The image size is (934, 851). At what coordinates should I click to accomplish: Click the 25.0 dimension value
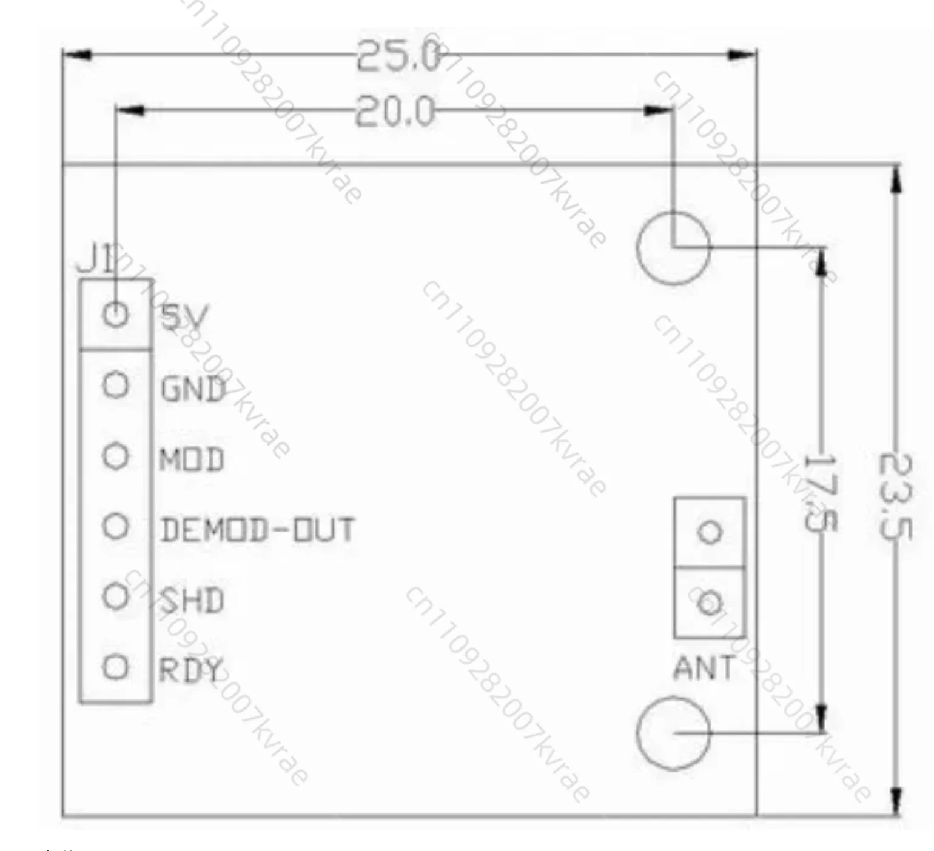(398, 56)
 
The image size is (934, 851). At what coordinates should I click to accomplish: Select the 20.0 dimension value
(395, 112)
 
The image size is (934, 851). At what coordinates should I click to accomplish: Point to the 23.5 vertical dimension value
(895, 496)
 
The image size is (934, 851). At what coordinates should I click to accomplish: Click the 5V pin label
(184, 316)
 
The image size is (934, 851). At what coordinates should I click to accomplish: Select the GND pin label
(193, 389)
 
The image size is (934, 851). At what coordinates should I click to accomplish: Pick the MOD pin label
(192, 459)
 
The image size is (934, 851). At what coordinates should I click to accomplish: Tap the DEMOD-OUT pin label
(257, 529)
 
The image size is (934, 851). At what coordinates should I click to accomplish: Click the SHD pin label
(192, 600)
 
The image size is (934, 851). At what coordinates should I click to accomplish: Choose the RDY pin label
(190, 670)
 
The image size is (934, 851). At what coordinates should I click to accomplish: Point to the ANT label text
(704, 668)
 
